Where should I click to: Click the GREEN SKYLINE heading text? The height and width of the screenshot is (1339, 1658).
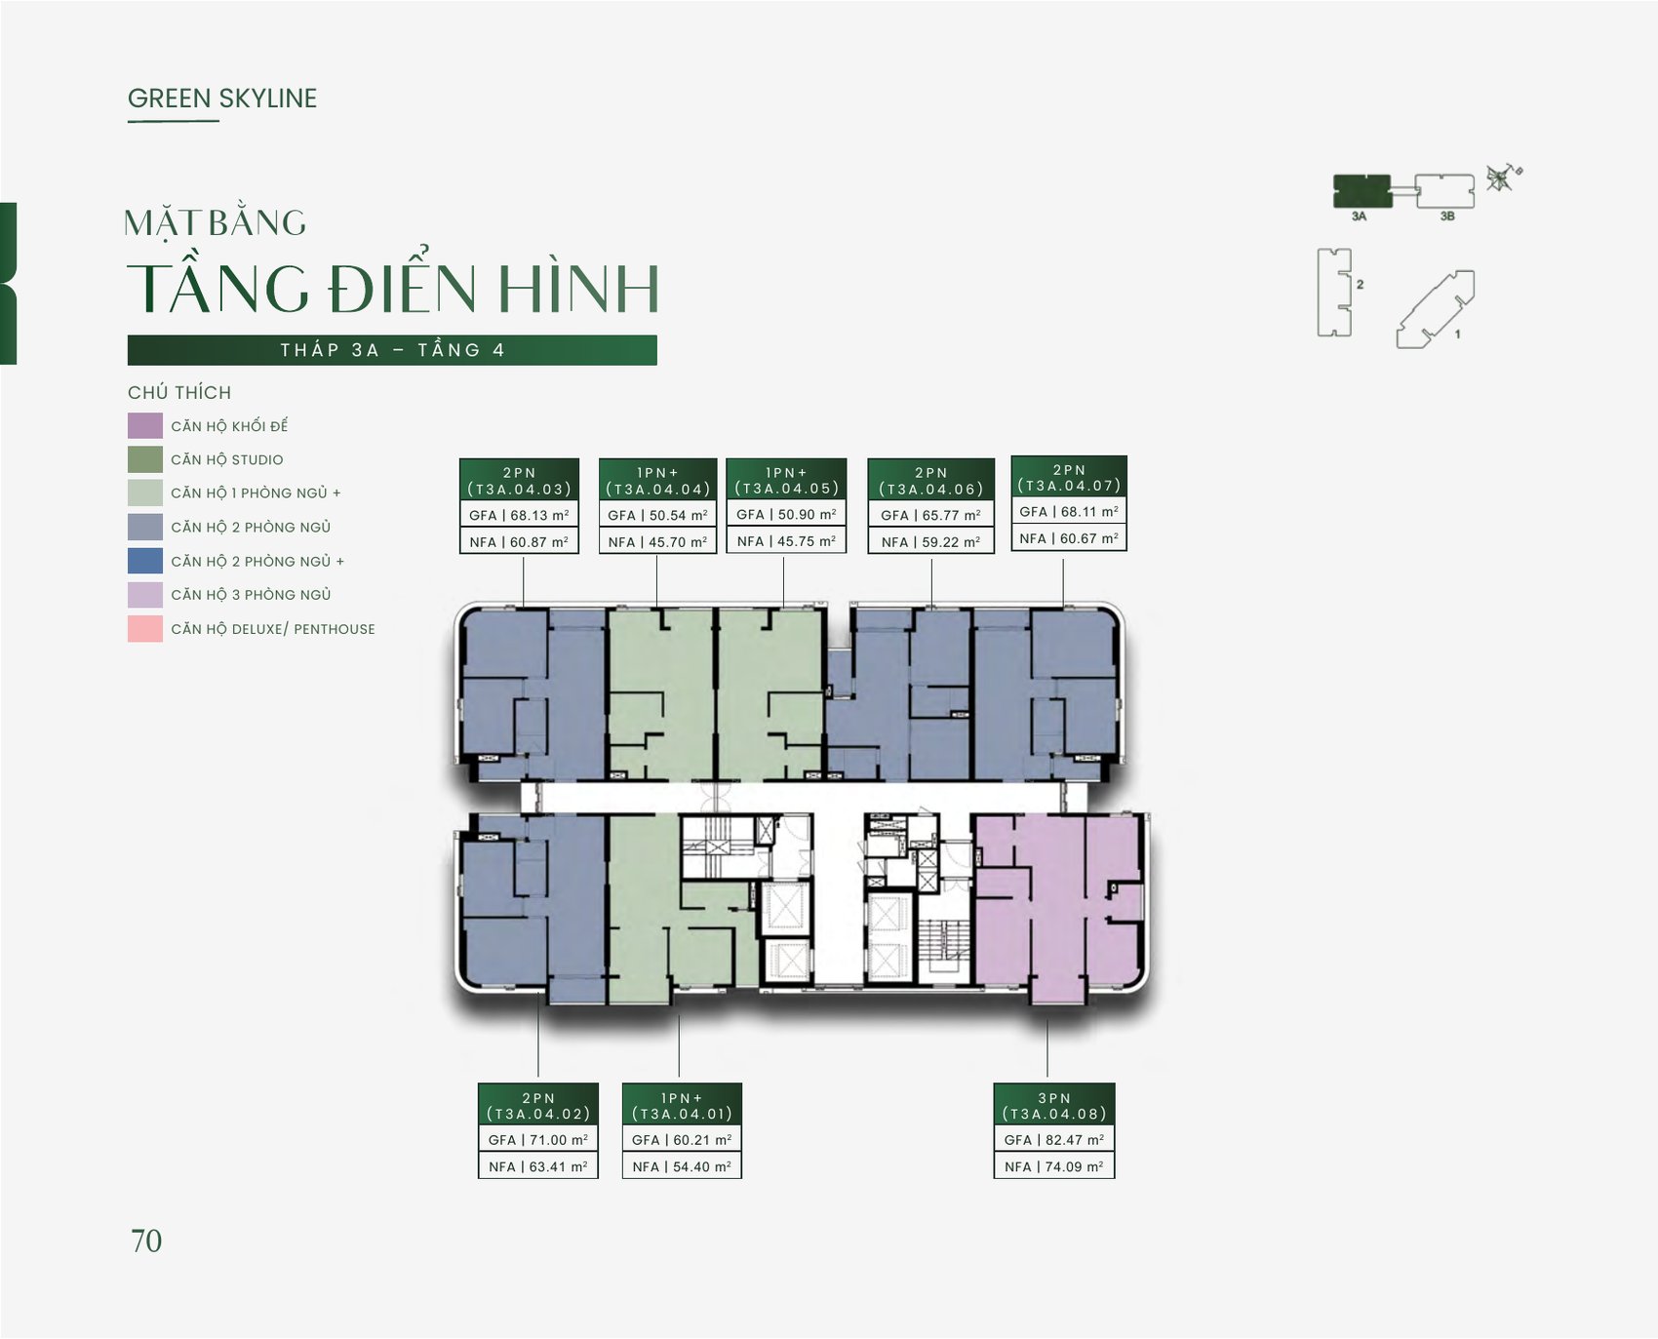pyautogui.click(x=222, y=98)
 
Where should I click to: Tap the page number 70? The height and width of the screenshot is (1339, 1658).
pyautogui.click(x=146, y=1241)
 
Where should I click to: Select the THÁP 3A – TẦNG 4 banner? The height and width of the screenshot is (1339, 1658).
pyautogui.click(x=392, y=350)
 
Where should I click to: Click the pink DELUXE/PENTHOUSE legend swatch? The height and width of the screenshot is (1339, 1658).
pyautogui.click(x=145, y=629)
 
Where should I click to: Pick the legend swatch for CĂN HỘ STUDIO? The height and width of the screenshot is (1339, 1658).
pyautogui.click(x=145, y=459)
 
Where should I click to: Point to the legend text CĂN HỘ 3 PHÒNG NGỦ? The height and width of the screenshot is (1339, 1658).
pyautogui.click(x=251, y=595)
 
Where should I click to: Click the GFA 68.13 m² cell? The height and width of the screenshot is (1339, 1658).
pyautogui.click(x=519, y=515)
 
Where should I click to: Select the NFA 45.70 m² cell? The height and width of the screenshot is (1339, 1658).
pyautogui.click(x=657, y=541)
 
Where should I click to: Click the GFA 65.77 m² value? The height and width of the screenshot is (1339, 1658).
pyautogui.click(x=930, y=515)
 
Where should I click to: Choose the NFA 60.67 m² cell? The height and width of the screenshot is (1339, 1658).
pyautogui.click(x=1069, y=538)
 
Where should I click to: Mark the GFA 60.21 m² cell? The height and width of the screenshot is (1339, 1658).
pyautogui.click(x=682, y=1139)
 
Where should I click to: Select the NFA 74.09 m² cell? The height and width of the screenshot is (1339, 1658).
pyautogui.click(x=1054, y=1166)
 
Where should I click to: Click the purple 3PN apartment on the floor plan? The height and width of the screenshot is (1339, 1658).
pyautogui.click(x=1058, y=907)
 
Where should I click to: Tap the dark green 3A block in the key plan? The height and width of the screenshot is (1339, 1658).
pyautogui.click(x=1362, y=191)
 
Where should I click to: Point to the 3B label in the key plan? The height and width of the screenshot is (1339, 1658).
pyautogui.click(x=1447, y=217)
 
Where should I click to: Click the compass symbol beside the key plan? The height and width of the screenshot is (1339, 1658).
pyautogui.click(x=1502, y=177)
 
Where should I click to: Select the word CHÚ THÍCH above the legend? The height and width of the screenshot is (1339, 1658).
pyautogui.click(x=179, y=393)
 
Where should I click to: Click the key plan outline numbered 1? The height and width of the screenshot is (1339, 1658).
pyautogui.click(x=1435, y=309)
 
